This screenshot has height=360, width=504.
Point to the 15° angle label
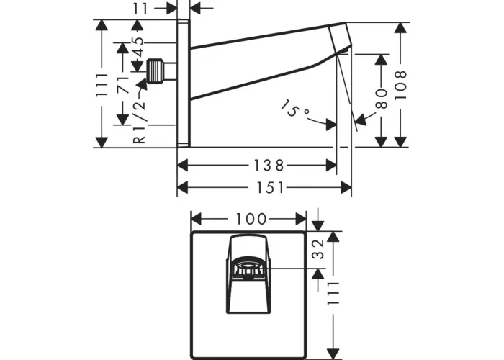(x=295, y=111)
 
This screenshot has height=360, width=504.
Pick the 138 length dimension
(x=256, y=165)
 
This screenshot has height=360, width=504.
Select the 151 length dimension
(x=264, y=188)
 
